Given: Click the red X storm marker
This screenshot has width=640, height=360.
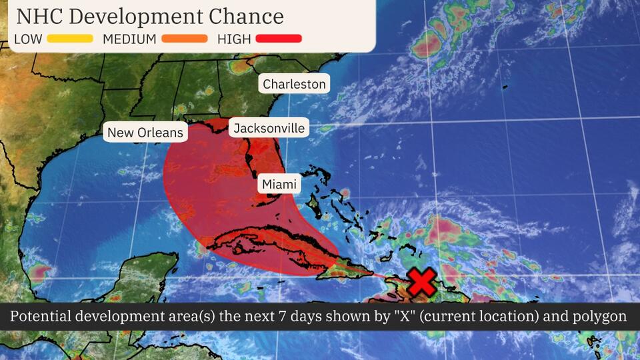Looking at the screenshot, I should tap(421, 282).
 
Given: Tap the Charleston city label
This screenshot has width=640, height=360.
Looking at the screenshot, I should tap(294, 84).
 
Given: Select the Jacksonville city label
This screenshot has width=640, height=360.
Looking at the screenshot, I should tap(269, 128).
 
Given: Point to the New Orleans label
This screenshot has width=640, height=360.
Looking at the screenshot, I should tap(145, 133).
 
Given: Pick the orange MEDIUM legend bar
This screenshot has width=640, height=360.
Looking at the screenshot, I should tap(183, 39).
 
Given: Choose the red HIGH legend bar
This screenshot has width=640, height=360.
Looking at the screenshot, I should tap(279, 39).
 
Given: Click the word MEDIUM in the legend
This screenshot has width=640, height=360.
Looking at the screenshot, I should tap(129, 39).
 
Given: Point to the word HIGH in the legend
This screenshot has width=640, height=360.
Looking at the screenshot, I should tap(234, 39).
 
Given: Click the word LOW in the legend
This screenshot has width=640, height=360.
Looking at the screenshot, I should tap(28, 39).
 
